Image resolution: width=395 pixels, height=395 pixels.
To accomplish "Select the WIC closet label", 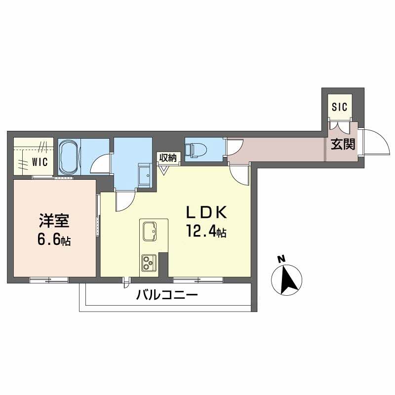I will (39, 161).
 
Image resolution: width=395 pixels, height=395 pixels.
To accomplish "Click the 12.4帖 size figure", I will (206, 231).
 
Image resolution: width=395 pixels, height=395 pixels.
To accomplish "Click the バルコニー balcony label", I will (166, 296).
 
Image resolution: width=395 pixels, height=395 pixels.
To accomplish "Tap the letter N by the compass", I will (280, 259).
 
